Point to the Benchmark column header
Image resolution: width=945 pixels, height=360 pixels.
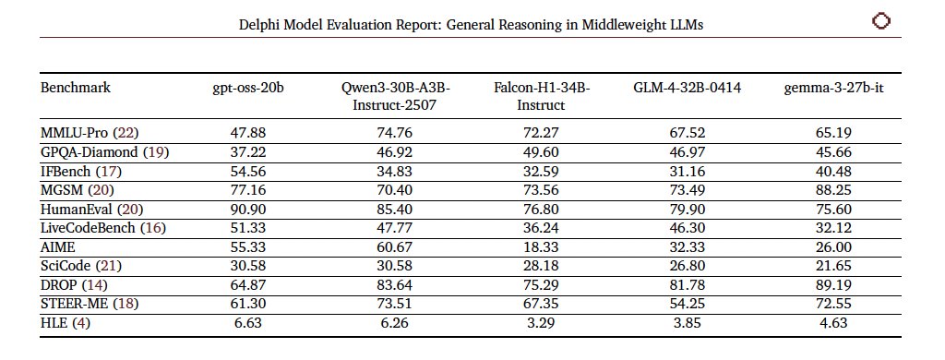tap(76, 89)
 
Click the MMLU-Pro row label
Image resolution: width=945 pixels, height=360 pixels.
tap(75, 133)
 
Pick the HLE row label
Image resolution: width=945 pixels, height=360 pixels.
tap(54, 323)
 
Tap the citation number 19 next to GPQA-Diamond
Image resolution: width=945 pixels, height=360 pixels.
tap(155, 151)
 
